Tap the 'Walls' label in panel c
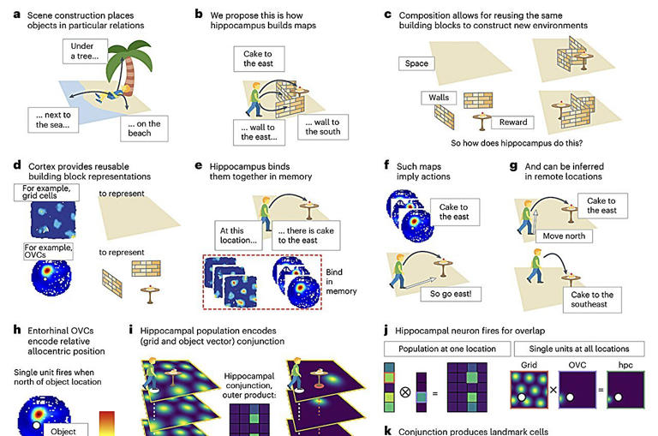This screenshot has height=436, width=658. click(x=440, y=99)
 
